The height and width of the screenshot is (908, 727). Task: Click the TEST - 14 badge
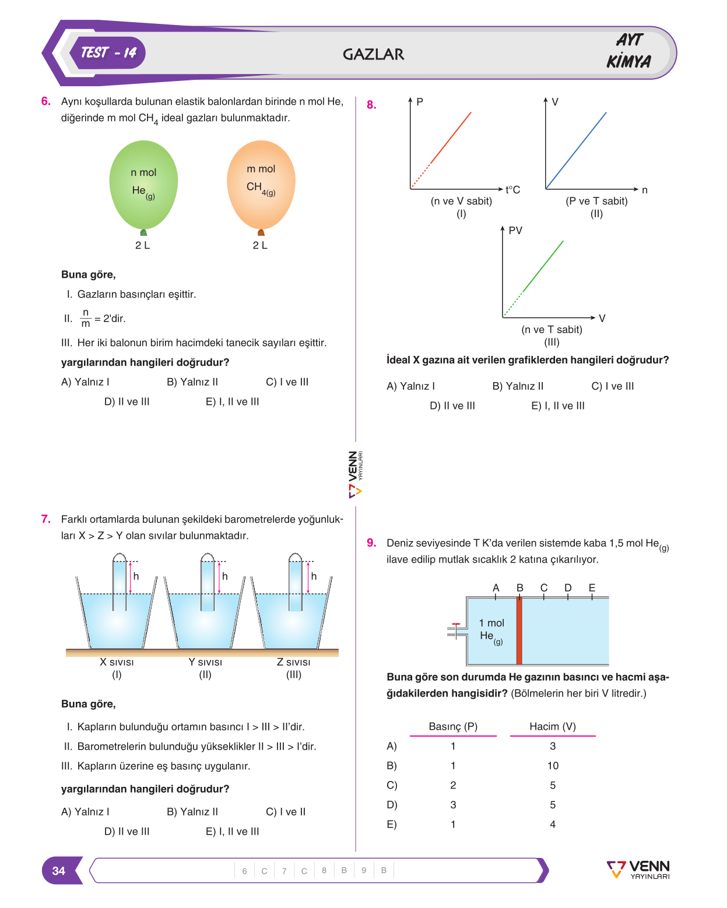pyautogui.click(x=107, y=53)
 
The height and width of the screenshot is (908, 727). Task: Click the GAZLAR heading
pyautogui.click(x=373, y=54)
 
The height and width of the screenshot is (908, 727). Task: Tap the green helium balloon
pyautogui.click(x=143, y=186)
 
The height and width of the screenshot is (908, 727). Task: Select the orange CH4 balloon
pyautogui.click(x=261, y=186)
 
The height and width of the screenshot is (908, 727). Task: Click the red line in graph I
pyautogui.click(x=441, y=150)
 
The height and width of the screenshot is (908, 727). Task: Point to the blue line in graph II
pyautogui.click(x=576, y=150)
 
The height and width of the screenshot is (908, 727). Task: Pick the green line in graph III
pyautogui.click(x=533, y=278)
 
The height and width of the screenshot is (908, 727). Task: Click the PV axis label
pyautogui.click(x=515, y=231)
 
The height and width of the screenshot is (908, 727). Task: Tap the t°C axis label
pyautogui.click(x=512, y=189)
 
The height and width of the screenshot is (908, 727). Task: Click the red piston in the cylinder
pyautogui.click(x=519, y=630)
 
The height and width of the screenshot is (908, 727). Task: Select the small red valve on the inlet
pyautogui.click(x=456, y=624)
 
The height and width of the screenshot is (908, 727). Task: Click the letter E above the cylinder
pyautogui.click(x=592, y=587)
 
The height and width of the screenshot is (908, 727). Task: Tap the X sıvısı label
pyautogui.click(x=117, y=662)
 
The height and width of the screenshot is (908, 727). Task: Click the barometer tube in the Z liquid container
pyautogui.click(x=295, y=582)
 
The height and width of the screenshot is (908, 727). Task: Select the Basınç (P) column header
pyautogui.click(x=453, y=726)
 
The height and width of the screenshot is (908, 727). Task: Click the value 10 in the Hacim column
pyautogui.click(x=553, y=765)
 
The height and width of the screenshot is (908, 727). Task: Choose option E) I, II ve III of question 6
pyautogui.click(x=233, y=402)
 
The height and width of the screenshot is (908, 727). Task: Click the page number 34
pyautogui.click(x=59, y=871)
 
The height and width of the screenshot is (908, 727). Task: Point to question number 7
pyautogui.click(x=45, y=519)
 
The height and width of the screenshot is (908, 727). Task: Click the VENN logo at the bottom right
pyautogui.click(x=638, y=870)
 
